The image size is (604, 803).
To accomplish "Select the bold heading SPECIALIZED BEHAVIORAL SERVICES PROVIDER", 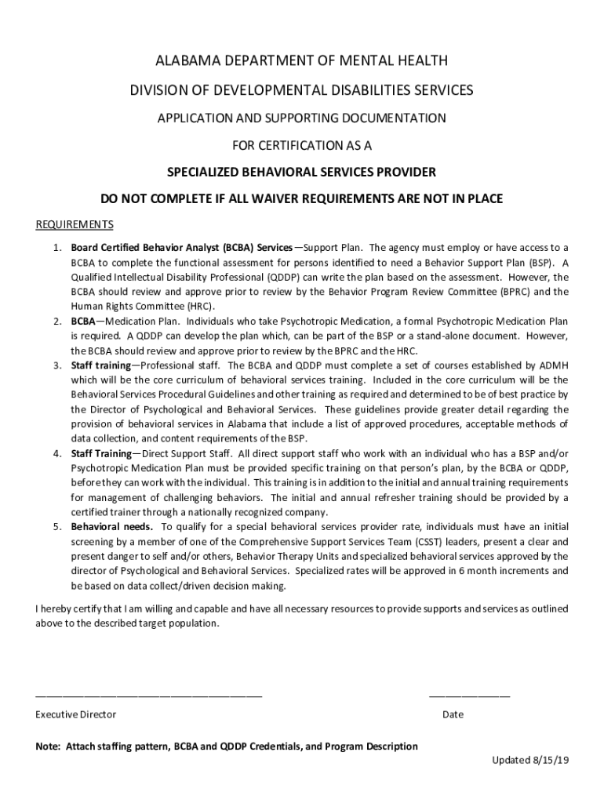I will [301, 173].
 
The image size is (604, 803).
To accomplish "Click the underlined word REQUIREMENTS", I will [75, 225].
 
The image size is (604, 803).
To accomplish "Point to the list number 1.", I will [57, 248].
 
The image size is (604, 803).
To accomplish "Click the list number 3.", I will [57, 365].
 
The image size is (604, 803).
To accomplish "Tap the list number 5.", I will [57, 527].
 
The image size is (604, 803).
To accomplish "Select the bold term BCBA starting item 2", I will [83, 322].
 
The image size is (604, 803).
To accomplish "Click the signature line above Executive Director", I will [149, 696].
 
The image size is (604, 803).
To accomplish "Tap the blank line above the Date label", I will [469, 696].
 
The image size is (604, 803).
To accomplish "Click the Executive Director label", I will [76, 714].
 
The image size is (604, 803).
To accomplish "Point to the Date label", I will [453, 714].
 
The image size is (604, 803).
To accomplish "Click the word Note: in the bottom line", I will [49, 747].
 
